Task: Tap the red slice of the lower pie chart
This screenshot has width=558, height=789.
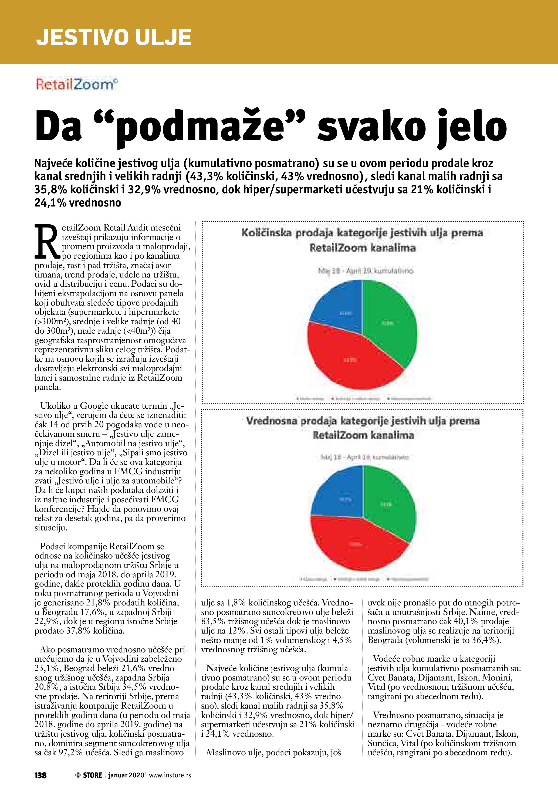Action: click(354, 543)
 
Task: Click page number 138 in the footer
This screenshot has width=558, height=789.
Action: click(40, 775)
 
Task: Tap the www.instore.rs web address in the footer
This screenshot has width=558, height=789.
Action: click(170, 775)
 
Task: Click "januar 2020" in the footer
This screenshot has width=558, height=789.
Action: click(126, 775)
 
